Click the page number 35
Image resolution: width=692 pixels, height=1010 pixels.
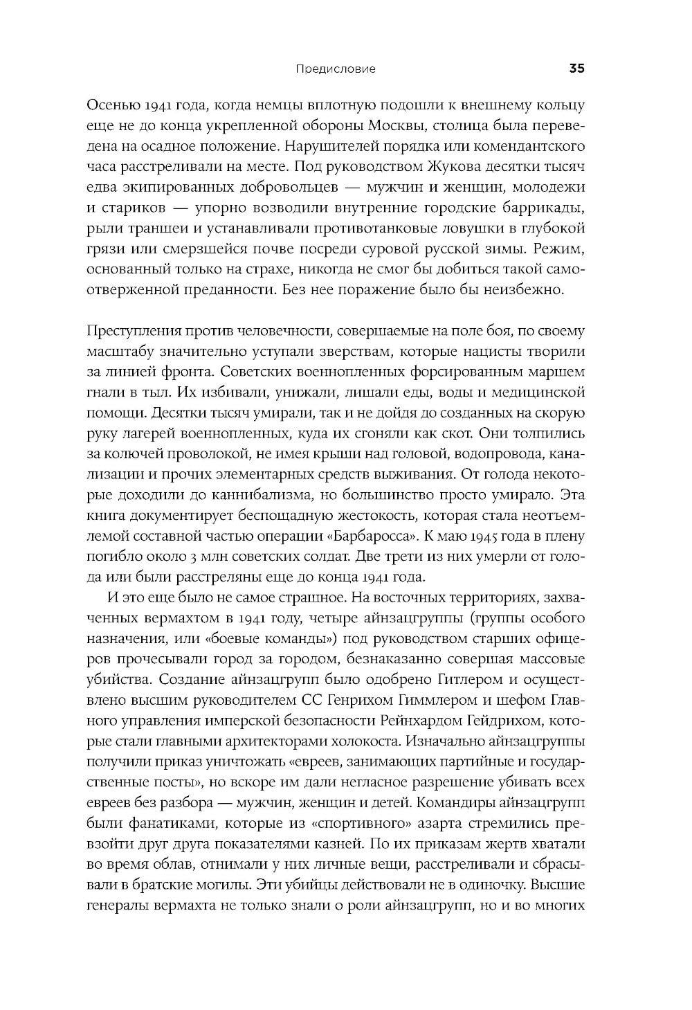point(577,69)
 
